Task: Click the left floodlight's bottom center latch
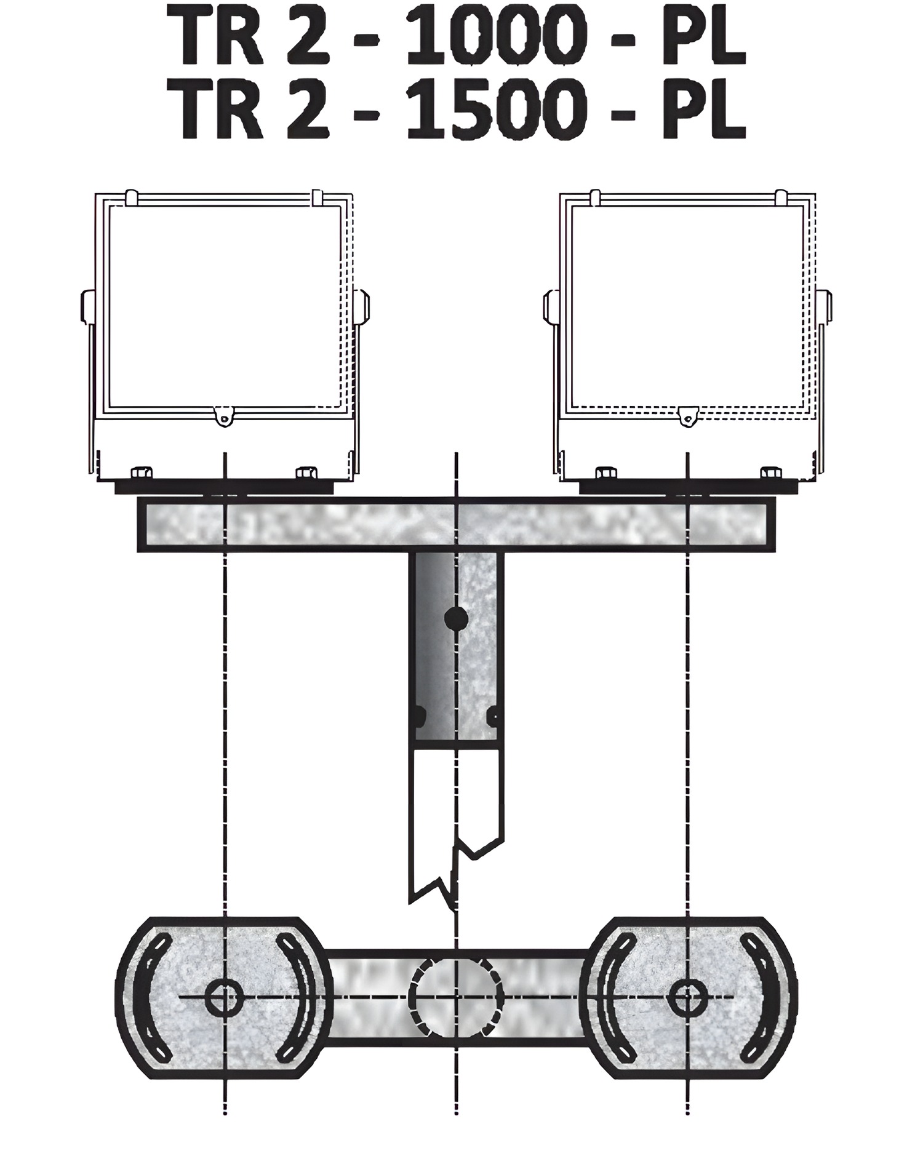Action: pos(226,415)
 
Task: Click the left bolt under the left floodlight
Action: pos(142,473)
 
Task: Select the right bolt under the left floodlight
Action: pos(306,473)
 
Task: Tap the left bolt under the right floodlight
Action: pos(606,473)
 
